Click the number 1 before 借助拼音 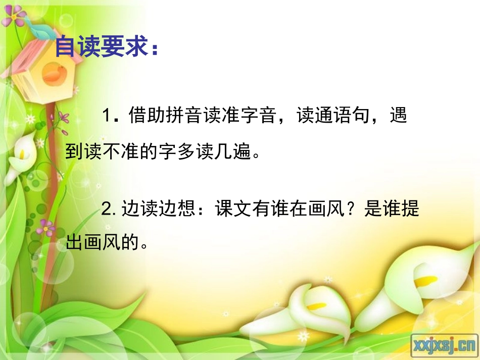(x=106, y=116)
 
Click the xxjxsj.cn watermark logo (x=445, y=345)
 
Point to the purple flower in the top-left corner (x=14, y=15)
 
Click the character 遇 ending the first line (x=398, y=116)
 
